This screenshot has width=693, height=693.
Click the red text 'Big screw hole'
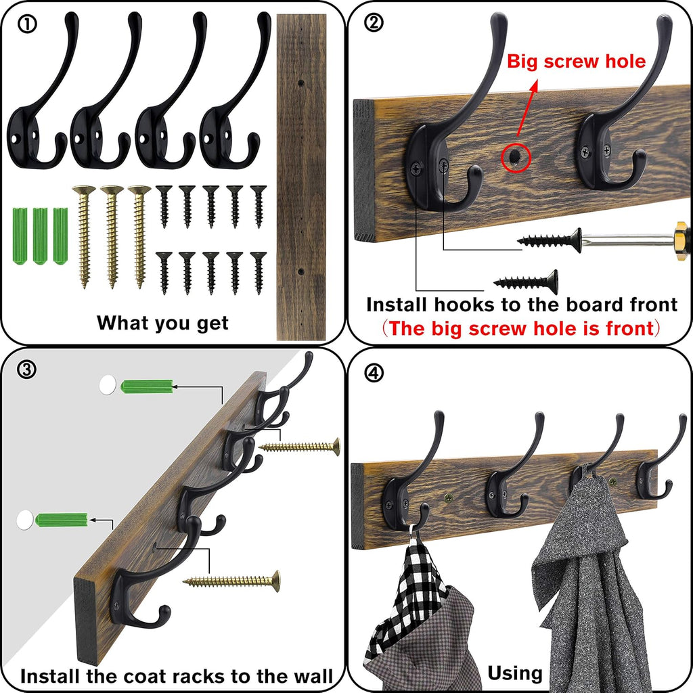coord(577,62)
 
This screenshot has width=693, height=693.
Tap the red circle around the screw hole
coord(516,158)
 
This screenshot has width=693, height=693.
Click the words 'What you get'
coord(162,322)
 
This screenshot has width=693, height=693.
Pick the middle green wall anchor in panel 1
coord(41,236)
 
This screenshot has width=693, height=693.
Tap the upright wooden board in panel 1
coord(301,176)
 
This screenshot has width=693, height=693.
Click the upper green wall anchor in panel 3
coord(146,386)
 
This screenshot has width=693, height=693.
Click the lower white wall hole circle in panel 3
coord(24,520)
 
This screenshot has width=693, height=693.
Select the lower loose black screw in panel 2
coord(527,281)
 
